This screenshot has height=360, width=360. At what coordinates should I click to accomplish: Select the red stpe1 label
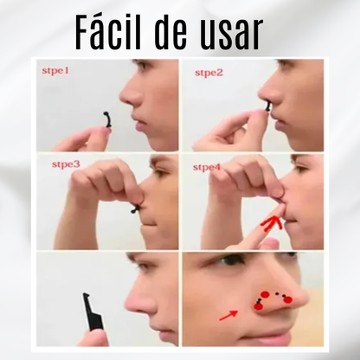coord(55,71)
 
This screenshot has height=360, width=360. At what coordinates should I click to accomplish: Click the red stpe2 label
coord(209,73)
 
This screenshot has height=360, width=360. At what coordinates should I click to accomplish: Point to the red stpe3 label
coord(66,164)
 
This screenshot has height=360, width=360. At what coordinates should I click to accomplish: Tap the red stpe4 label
coord(207,167)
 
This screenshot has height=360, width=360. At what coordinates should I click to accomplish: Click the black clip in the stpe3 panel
coord(136,209)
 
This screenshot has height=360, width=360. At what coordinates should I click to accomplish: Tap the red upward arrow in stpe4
coord(271,224)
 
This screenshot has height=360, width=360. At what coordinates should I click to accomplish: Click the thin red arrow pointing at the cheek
coord(228,316)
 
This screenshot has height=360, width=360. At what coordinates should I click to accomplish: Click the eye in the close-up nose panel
coord(227,262)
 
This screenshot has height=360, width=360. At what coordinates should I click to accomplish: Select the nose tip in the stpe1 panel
coord(122,95)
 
